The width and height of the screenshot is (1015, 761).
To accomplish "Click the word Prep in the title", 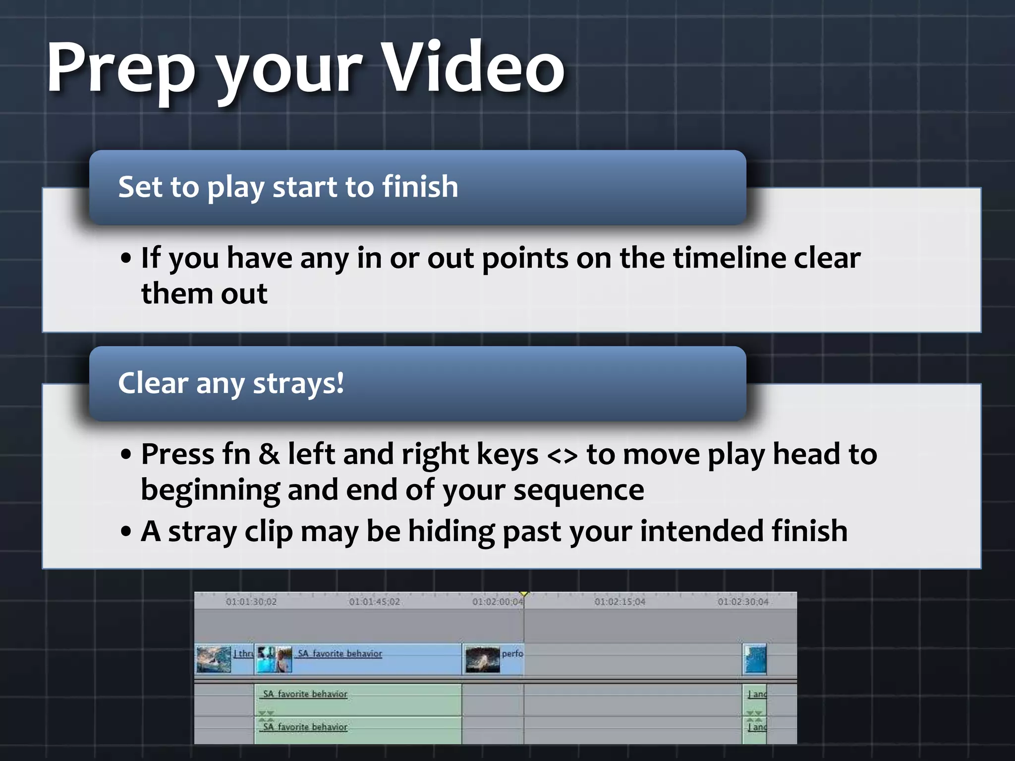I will click(x=121, y=68).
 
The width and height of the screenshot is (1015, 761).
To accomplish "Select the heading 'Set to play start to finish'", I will click(x=288, y=187).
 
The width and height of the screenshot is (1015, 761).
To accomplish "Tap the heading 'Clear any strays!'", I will click(x=231, y=383).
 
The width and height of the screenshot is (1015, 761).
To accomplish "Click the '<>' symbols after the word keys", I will click(x=562, y=455).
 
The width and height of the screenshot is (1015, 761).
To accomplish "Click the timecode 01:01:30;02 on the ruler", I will click(x=251, y=602).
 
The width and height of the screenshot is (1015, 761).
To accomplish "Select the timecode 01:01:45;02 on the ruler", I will click(x=374, y=602).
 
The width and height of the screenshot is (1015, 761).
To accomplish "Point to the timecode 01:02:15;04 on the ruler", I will click(x=620, y=602).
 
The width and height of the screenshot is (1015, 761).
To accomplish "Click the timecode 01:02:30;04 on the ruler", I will click(x=743, y=602).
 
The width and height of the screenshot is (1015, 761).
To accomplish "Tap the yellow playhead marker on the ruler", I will click(x=524, y=594).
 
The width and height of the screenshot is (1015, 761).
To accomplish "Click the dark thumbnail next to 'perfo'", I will click(x=482, y=659).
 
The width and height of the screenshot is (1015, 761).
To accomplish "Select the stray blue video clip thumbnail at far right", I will click(x=755, y=659).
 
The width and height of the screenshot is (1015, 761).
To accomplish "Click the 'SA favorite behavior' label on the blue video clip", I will click(x=340, y=653).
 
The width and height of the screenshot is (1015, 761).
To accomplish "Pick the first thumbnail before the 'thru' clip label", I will click(x=214, y=659).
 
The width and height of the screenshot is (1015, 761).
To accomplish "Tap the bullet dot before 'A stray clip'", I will click(x=126, y=532).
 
